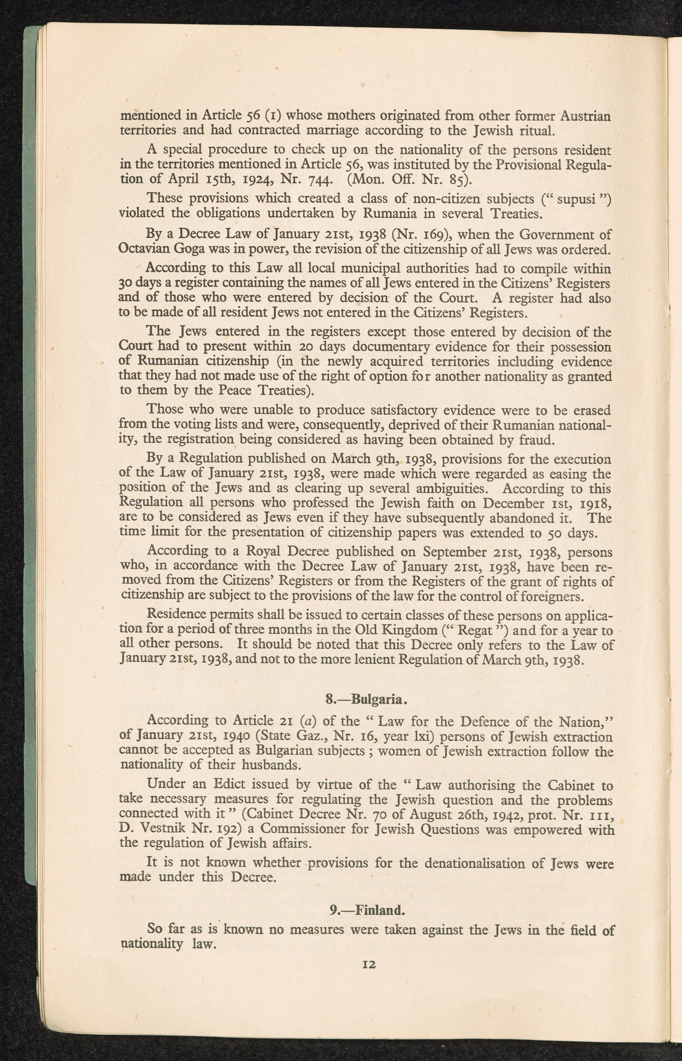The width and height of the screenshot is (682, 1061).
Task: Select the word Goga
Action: [189, 249]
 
